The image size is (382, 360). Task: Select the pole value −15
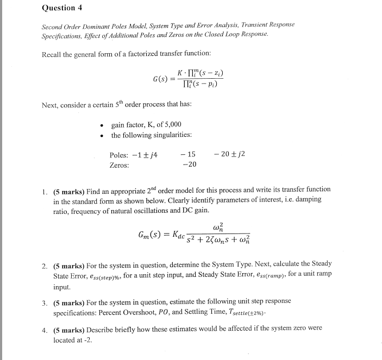[x=189, y=155]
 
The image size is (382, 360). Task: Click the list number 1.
[x=45, y=190]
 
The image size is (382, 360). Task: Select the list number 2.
[x=45, y=264]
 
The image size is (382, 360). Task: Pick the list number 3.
[x=45, y=301]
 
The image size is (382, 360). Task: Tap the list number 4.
[x=45, y=329]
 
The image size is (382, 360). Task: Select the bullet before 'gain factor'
[x=103, y=125]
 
